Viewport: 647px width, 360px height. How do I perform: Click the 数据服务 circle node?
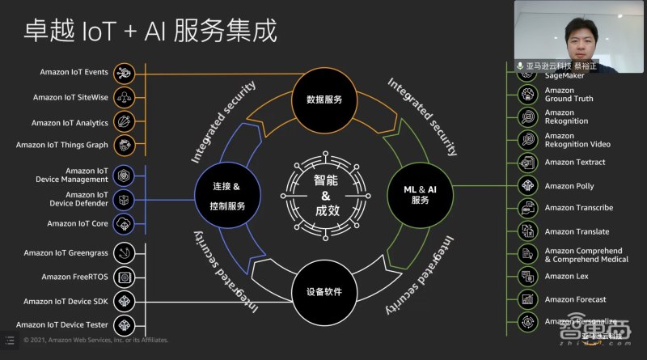(323, 100)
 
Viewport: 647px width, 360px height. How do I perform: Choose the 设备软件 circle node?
(323, 292)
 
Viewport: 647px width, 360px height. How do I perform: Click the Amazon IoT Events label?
(74, 72)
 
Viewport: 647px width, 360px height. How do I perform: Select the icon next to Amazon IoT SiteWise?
(124, 97)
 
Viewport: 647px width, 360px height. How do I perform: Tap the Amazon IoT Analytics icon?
(124, 122)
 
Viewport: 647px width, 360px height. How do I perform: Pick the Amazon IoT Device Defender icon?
(124, 199)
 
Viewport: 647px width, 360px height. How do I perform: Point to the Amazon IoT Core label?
(78, 223)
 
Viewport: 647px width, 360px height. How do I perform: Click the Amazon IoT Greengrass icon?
(124, 252)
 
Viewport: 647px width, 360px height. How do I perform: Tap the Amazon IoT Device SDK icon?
(124, 301)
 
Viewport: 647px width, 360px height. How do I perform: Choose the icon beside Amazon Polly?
(528, 185)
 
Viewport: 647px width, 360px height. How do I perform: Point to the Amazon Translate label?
(577, 231)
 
